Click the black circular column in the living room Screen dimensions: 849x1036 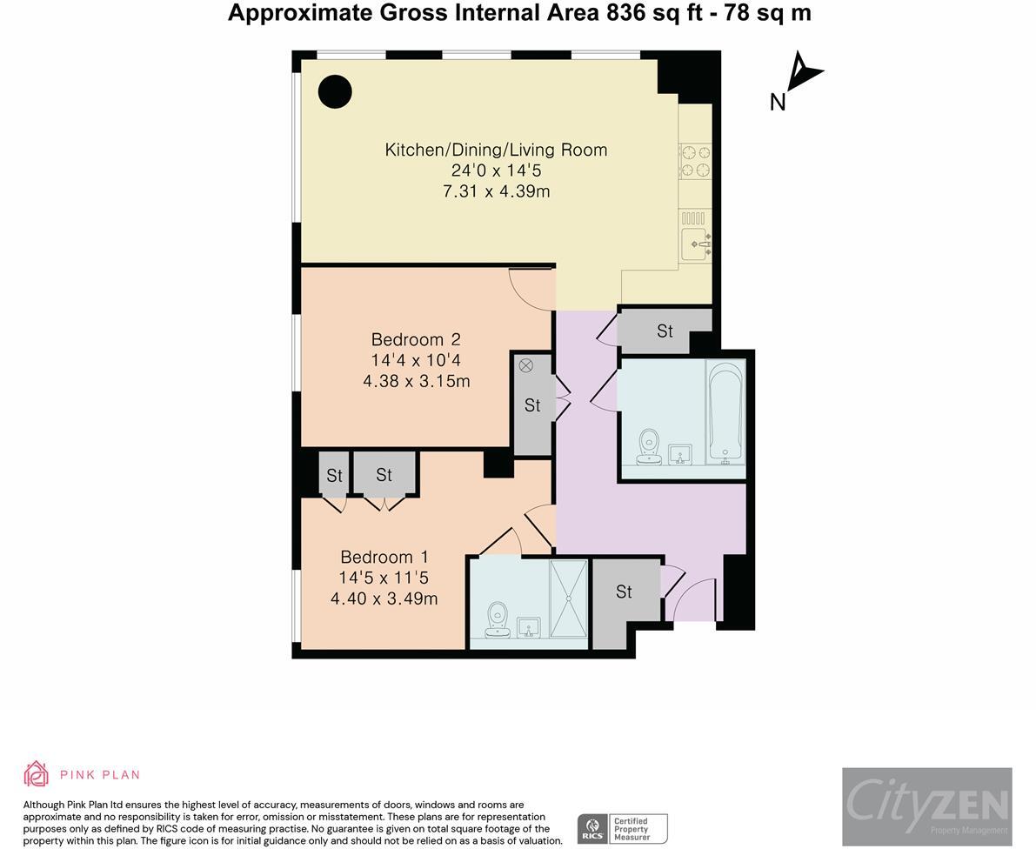(334, 91)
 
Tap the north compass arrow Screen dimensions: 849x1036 (804, 73)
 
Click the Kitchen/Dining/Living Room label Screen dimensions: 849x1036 (496, 150)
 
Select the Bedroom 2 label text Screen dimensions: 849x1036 (416, 339)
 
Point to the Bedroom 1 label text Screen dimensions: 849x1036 (384, 557)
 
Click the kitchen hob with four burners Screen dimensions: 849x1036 (695, 160)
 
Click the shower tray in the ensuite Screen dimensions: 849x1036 (569, 599)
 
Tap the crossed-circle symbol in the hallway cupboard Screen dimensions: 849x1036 (525, 365)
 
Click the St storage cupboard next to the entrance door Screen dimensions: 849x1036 (624, 592)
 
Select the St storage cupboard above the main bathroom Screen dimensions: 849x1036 (665, 331)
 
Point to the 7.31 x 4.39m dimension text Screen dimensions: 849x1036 (496, 191)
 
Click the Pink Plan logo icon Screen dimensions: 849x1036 (36, 773)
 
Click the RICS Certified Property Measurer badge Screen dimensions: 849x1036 (623, 828)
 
